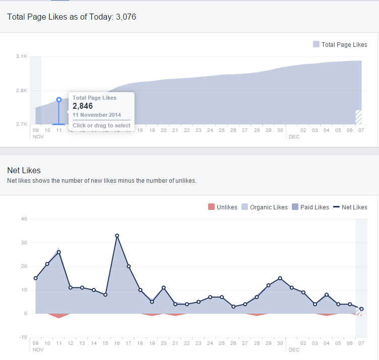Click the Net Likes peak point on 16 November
pos(117,236)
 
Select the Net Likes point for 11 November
pos(59,252)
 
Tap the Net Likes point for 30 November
pos(280,278)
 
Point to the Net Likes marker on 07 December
pos(361,309)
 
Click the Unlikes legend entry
pos(222,207)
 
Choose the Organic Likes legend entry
pos(265,207)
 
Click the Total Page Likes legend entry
pos(340,45)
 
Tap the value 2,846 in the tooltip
pos(83,106)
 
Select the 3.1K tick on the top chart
pos(21,56)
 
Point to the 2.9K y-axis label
pos(21,91)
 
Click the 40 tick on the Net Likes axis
pos(24,219)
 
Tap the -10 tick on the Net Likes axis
pos(23,337)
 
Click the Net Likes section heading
pos(24,170)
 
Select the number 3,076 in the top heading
pos(125,17)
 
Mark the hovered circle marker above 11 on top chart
pos(59,100)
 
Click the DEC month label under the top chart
pos(294,137)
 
